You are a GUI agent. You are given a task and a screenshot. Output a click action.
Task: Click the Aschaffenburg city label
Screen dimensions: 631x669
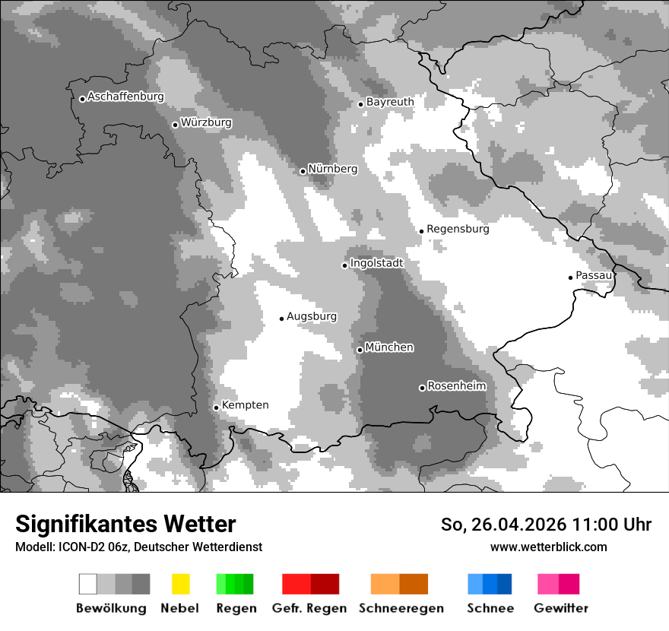point(125,97)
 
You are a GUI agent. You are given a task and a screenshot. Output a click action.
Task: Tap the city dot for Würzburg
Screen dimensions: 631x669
point(175,125)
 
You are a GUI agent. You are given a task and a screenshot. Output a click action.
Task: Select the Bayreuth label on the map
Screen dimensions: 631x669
point(390,102)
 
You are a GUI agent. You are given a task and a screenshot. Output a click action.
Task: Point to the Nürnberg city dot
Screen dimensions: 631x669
point(303,171)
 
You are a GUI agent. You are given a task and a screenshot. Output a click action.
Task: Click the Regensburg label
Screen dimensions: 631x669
point(458,229)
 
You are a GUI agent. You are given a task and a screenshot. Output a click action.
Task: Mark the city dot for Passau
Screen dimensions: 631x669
point(570,277)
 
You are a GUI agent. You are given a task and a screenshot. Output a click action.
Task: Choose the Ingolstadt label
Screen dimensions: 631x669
point(376,263)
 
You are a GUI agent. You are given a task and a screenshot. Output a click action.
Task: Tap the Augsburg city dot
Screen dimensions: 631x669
point(281,319)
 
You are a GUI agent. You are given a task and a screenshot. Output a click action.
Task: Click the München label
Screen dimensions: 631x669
point(389,347)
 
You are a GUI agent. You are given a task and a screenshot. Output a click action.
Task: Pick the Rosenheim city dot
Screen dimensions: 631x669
point(422,388)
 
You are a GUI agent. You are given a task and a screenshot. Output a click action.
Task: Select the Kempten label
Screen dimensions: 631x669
point(245,405)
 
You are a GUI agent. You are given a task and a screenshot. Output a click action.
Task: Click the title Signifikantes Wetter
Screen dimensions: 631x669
point(125,525)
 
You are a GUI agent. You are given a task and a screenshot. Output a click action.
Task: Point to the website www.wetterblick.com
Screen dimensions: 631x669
point(548,547)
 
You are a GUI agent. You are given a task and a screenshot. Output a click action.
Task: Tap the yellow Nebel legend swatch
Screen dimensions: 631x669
point(180,584)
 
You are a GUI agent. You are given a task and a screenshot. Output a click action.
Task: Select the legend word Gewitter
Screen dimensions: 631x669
point(561,608)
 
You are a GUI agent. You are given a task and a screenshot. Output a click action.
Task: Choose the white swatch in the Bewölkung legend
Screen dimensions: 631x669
point(88,584)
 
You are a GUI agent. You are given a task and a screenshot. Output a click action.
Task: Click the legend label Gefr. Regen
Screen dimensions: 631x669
point(309,608)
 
